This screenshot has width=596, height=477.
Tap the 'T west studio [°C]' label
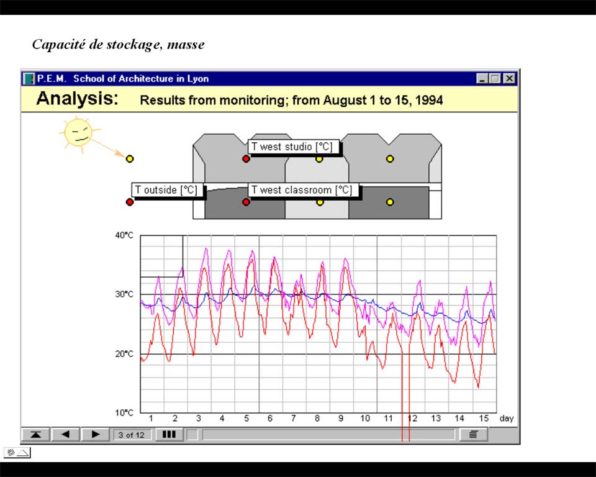[292, 147]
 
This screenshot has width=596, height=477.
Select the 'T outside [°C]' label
[166, 190]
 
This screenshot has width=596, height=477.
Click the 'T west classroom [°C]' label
[302, 190]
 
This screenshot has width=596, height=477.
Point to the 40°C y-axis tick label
[124, 235]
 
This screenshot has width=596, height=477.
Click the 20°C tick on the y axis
[124, 354]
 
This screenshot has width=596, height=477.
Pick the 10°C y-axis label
[124, 412]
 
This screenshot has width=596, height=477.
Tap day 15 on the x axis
[484, 419]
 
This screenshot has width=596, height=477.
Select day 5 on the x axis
[246, 419]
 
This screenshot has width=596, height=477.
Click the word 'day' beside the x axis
[507, 419]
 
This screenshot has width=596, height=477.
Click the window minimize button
[482, 79]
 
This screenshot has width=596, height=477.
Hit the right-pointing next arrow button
[96, 434]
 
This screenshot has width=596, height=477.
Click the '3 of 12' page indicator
[131, 435]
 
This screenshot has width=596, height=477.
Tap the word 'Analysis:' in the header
[78, 99]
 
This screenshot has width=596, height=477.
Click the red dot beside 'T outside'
[130, 202]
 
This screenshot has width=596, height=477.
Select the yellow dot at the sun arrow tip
[130, 158]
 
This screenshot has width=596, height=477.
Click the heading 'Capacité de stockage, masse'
[118, 45]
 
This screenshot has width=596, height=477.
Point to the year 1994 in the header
[429, 100]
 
